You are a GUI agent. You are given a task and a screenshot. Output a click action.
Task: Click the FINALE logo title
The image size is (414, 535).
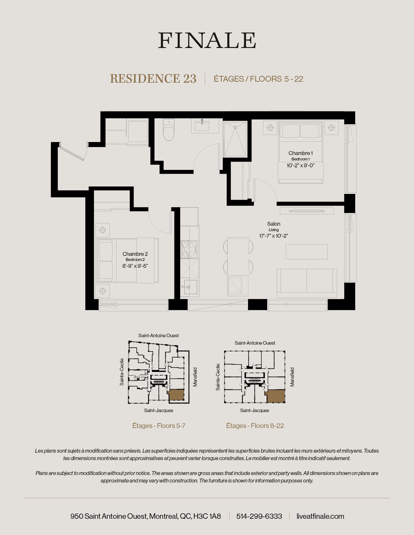point(207,41)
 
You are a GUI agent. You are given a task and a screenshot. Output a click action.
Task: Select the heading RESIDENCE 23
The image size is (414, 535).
point(153,79)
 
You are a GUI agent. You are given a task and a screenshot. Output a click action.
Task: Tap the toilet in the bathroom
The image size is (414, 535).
point(169,130)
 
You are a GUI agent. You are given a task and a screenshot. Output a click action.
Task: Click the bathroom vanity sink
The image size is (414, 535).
point(202,125)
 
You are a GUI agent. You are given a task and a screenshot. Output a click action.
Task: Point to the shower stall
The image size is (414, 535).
point(235,139)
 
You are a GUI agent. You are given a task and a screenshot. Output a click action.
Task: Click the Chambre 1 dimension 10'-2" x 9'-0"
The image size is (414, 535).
point(300,165)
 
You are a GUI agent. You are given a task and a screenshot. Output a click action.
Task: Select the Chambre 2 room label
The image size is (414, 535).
point(135,254)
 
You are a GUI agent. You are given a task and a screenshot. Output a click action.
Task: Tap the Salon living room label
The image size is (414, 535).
point(274,224)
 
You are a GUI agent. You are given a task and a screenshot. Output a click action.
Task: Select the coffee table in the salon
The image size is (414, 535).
point(307,252)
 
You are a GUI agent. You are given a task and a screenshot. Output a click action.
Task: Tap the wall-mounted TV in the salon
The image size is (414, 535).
point(307,211)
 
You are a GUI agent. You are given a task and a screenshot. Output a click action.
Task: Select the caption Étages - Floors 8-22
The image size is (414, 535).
point(255,426)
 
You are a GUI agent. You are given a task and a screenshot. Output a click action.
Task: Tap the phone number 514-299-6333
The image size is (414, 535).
point(259,516)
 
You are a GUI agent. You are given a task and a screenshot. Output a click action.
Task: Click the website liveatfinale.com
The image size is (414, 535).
point(320,516)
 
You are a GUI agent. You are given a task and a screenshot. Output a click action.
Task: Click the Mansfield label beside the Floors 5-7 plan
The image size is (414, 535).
point(195,377)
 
